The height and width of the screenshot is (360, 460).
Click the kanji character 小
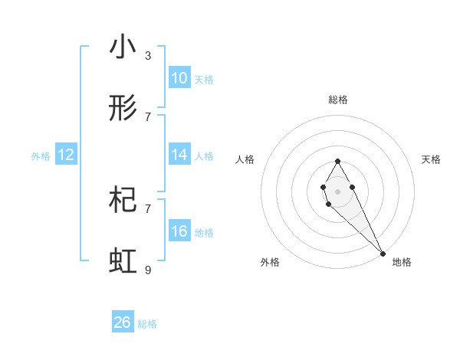(123, 47)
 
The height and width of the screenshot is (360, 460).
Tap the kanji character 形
(123, 109)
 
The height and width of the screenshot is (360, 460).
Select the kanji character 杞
(123, 201)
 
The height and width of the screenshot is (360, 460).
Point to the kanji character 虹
(123, 262)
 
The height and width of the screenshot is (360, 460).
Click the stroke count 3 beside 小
(148, 55)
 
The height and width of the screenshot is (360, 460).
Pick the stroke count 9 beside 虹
(148, 270)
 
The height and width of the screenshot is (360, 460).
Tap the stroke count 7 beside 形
(148, 116)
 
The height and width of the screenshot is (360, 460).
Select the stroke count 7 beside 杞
(148, 208)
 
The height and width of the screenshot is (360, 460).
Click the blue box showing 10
(179, 78)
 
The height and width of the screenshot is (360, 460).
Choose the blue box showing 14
(179, 155)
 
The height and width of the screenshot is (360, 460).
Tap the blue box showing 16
(179, 231)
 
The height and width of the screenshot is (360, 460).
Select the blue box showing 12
(66, 155)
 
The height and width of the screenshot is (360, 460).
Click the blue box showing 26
(123, 322)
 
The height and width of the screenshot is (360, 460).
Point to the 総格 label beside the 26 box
(148, 324)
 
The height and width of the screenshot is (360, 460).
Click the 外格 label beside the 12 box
(41, 156)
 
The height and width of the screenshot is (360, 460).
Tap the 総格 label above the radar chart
(337, 100)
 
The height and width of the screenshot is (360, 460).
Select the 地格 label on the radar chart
(402, 262)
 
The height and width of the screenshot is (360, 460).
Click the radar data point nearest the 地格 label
(383, 254)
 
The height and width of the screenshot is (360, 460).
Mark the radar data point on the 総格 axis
(337, 161)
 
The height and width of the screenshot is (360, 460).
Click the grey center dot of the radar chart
(337, 190)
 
